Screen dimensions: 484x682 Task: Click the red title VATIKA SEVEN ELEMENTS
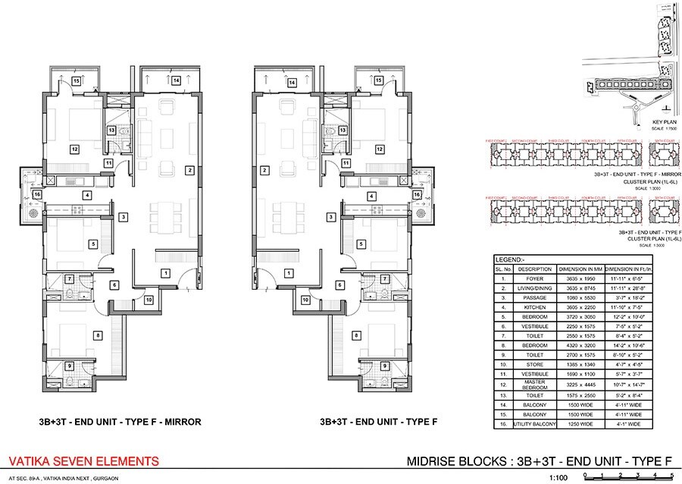coord(83,460)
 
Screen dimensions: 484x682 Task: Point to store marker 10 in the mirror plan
coord(148,300)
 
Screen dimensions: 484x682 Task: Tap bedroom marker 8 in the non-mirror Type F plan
coord(356,335)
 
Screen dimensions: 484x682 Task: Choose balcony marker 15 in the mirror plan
coord(76,80)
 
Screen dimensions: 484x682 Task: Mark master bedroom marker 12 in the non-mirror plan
coord(378,149)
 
